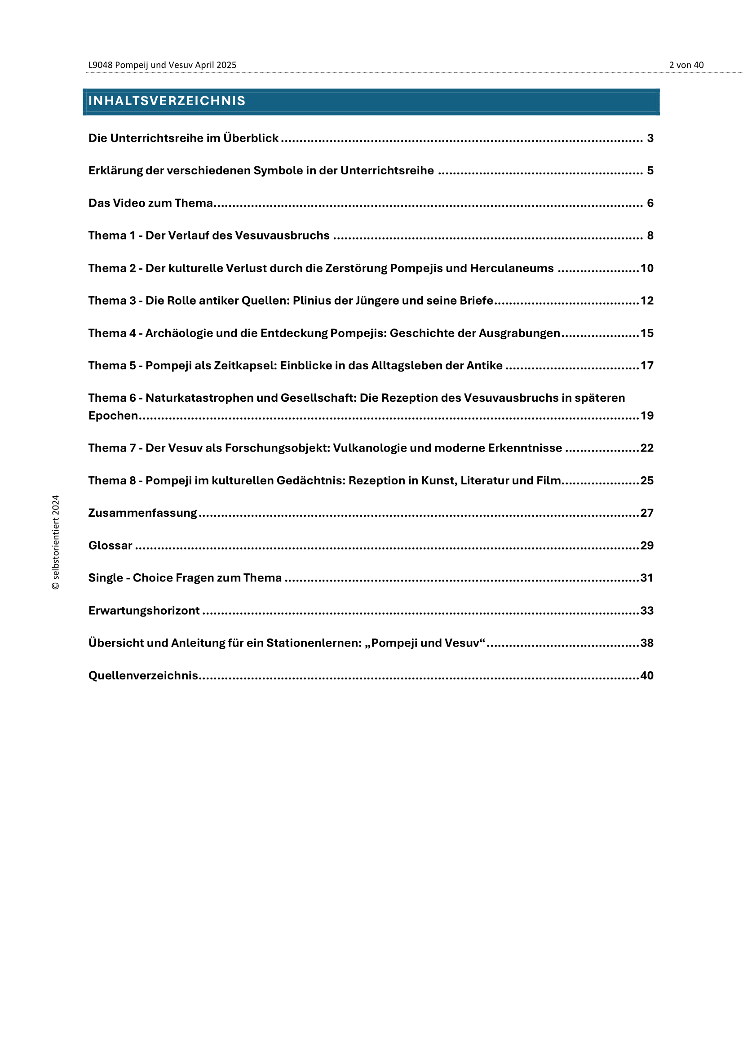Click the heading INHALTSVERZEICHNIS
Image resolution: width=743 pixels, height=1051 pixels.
[x=167, y=101]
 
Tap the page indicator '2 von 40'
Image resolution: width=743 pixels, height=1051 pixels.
[x=686, y=65]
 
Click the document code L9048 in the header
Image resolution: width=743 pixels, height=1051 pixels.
[x=100, y=65]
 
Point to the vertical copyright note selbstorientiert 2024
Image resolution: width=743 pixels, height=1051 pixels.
[x=56, y=542]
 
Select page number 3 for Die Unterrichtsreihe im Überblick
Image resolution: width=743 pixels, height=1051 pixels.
[x=650, y=138]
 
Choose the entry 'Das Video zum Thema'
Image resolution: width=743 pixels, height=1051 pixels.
[x=150, y=203]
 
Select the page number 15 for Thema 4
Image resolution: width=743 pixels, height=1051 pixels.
[x=647, y=333]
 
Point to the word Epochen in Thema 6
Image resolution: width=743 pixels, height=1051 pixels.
[x=113, y=416]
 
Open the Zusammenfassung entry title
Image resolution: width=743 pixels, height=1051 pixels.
[x=142, y=513]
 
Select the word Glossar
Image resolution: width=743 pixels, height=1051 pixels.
[x=110, y=545]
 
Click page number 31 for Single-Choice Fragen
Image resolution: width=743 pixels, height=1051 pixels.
[x=647, y=578]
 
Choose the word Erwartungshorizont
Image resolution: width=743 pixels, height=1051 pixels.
[x=144, y=611]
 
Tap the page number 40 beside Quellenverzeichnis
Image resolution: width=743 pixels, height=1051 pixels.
[x=647, y=676]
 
